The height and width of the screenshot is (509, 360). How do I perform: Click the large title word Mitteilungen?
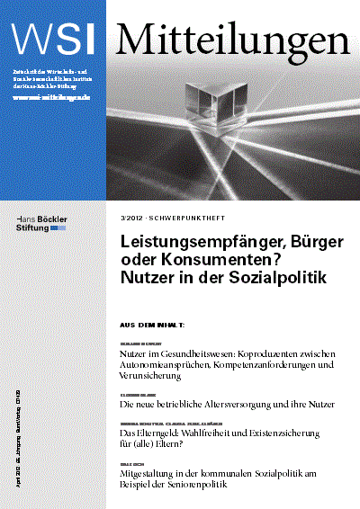point(232,37)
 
